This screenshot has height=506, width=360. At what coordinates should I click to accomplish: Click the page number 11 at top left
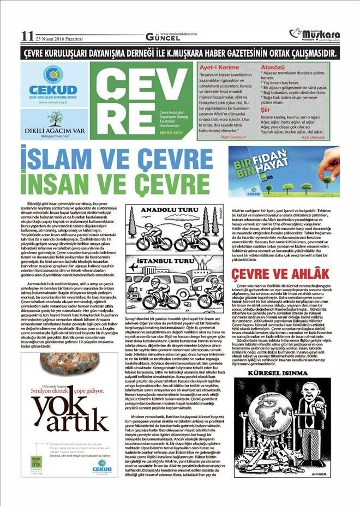pyautogui.click(x=27, y=36)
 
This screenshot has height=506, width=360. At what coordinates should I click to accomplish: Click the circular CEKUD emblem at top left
pyautogui.click(x=53, y=74)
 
